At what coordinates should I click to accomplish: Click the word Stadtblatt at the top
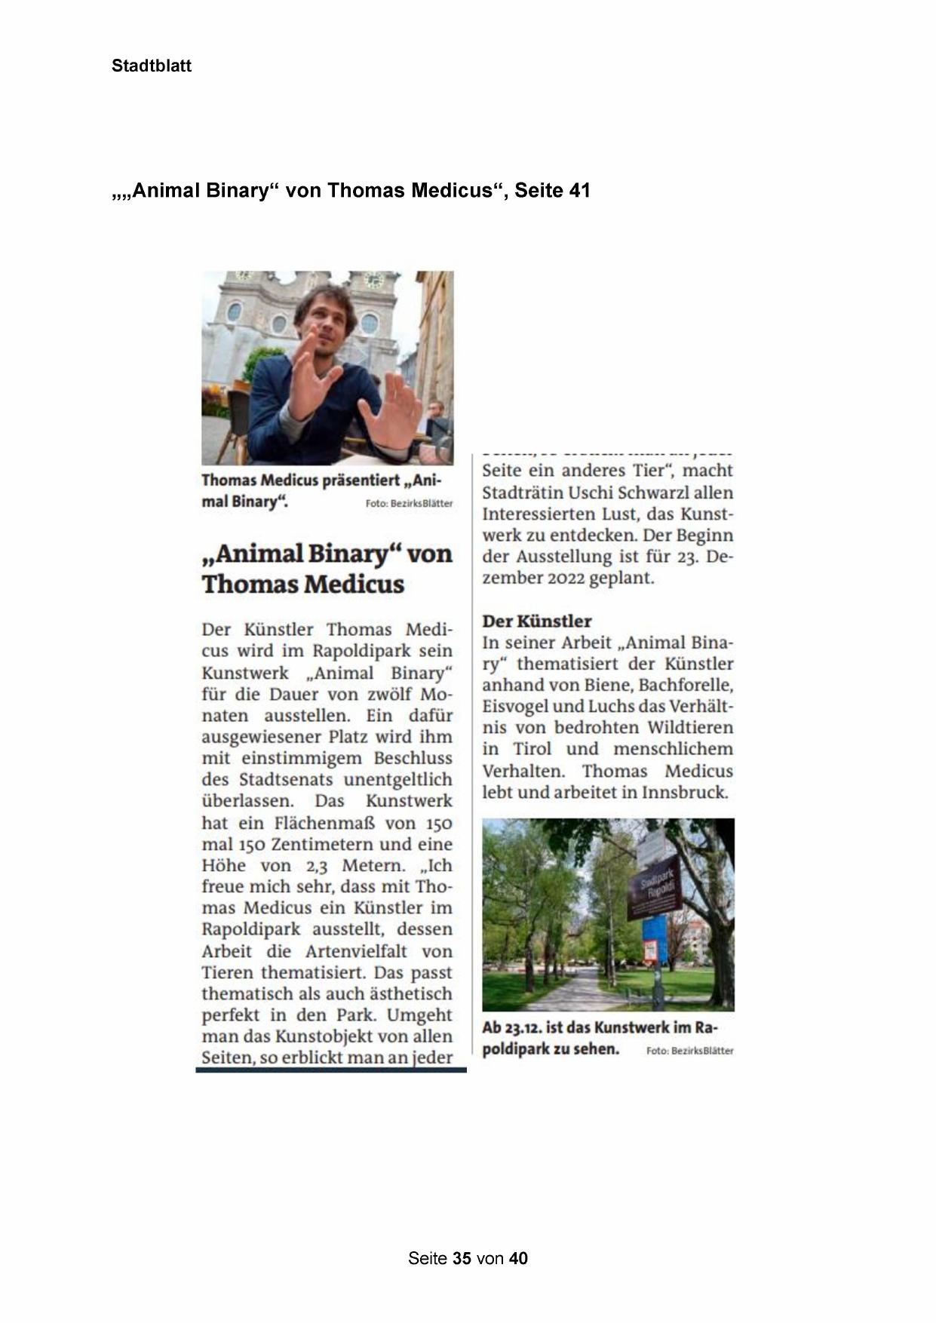click(x=151, y=66)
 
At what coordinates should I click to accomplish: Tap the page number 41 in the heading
click(x=579, y=191)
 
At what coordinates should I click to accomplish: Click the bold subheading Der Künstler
click(x=536, y=621)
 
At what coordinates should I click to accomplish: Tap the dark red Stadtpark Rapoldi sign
click(x=655, y=887)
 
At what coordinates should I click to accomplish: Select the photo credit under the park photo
click(x=689, y=1051)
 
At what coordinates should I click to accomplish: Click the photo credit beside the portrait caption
click(x=409, y=504)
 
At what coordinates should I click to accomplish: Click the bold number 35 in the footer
click(x=462, y=1258)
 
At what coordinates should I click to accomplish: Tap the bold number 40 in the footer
click(x=518, y=1258)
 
